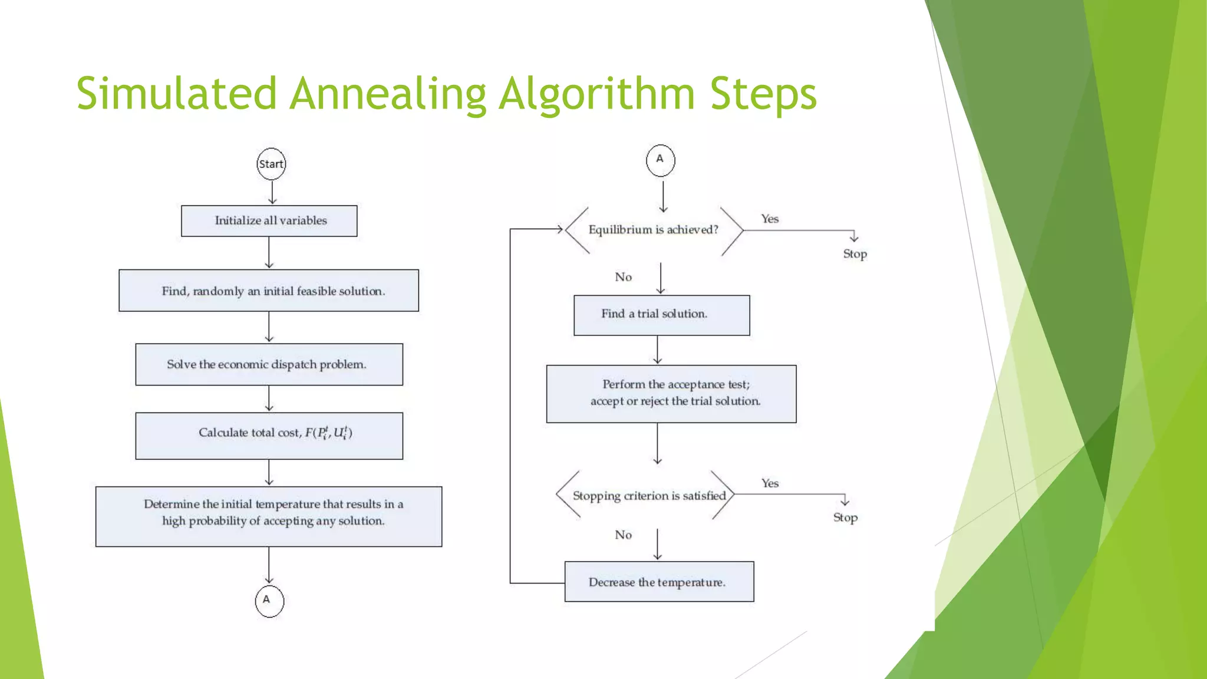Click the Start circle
pos(271,164)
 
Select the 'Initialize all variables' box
pos(269,221)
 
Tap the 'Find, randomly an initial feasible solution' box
pos(269,291)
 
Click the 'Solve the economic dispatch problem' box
pos(269,364)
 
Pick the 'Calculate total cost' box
pos(269,436)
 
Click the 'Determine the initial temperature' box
pos(269,516)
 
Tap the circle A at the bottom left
pos(269,601)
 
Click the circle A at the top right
pos(660,160)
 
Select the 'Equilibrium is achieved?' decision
pos(653,230)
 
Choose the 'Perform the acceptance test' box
pos(671,394)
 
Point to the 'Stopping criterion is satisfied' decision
pos(648,496)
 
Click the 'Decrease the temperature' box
pos(659,582)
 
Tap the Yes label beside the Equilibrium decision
pos(770,219)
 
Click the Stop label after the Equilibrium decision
pos(855,254)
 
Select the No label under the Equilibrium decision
pos(623,277)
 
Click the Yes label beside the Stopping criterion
pos(770,483)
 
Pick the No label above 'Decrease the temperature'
pos(623,535)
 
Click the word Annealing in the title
pos(388,94)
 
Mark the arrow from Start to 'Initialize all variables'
pos(272,192)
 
